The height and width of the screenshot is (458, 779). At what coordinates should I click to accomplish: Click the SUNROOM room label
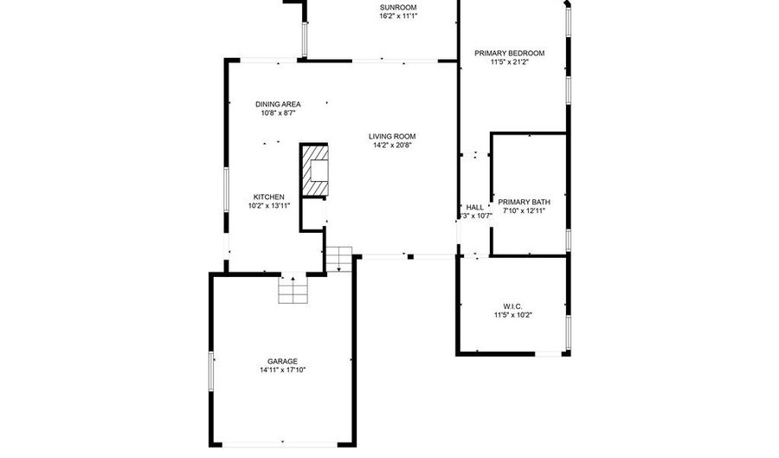(x=397, y=8)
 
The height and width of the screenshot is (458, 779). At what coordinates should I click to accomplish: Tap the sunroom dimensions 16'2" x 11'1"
(x=397, y=16)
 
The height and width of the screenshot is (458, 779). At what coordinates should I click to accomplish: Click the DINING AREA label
(x=278, y=104)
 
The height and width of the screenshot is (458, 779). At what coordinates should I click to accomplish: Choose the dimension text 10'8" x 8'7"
(x=278, y=113)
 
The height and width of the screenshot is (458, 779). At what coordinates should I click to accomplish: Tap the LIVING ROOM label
(x=392, y=136)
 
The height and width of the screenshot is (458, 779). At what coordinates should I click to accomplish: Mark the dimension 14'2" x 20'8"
(x=392, y=145)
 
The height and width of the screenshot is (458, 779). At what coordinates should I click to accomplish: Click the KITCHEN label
(x=268, y=197)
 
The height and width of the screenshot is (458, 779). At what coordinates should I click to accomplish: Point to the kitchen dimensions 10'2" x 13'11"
(x=268, y=205)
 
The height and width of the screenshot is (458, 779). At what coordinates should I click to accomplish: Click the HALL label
(x=475, y=207)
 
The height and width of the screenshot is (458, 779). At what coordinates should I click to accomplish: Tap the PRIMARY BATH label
(x=524, y=201)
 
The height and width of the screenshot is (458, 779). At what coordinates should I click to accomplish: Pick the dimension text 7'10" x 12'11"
(x=524, y=210)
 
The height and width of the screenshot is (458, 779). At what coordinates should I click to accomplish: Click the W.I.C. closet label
(x=512, y=306)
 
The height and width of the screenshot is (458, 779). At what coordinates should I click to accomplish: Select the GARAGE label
(x=282, y=361)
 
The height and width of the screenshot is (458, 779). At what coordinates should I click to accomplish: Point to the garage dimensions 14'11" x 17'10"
(x=282, y=370)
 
